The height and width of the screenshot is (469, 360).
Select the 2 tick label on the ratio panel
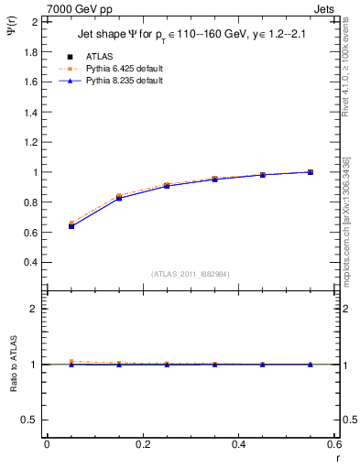pyautogui.click(x=37, y=309)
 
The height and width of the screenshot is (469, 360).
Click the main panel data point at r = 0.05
pyautogui.click(x=71, y=225)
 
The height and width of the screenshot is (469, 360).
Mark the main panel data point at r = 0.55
pyautogui.click(x=311, y=172)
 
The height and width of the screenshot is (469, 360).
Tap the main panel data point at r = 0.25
pyautogui.click(x=167, y=186)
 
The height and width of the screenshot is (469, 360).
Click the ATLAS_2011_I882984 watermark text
pyautogui.click(x=191, y=273)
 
